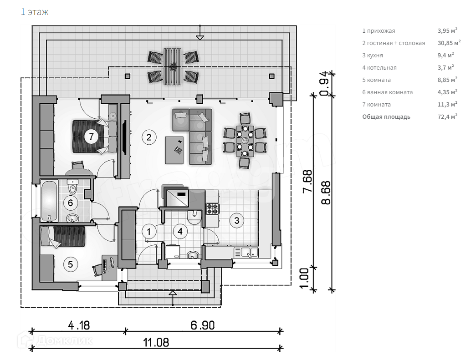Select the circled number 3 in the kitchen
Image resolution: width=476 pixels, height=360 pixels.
point(236,220)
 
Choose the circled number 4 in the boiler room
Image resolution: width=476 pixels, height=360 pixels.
point(181,231)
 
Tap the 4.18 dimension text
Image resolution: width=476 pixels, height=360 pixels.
point(79,325)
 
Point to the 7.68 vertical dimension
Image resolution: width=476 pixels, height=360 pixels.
point(308,182)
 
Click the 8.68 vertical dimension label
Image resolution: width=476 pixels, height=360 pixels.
point(325,193)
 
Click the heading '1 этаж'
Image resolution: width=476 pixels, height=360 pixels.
point(34,12)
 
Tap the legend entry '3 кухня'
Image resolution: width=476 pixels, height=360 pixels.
point(373,55)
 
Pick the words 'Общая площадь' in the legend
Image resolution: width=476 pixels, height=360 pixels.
point(386,117)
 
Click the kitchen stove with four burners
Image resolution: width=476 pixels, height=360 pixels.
point(212,209)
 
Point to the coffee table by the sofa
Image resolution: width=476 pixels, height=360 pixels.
point(175,150)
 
